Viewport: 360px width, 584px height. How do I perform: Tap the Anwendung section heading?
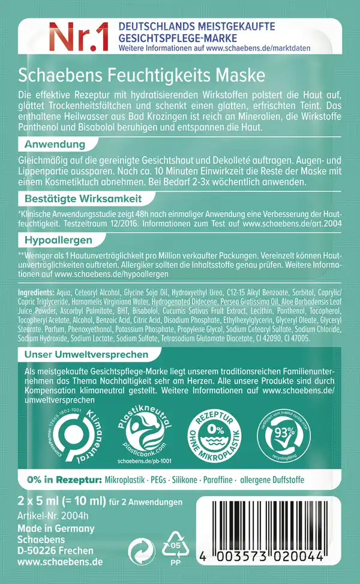pyautogui.click(x=54, y=145)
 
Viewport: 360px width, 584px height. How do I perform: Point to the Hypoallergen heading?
pyautogui.click(x=58, y=239)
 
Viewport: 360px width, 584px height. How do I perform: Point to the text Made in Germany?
pyautogui.click(x=57, y=529)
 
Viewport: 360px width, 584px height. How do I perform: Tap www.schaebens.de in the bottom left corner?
pyautogui.click(x=61, y=562)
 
